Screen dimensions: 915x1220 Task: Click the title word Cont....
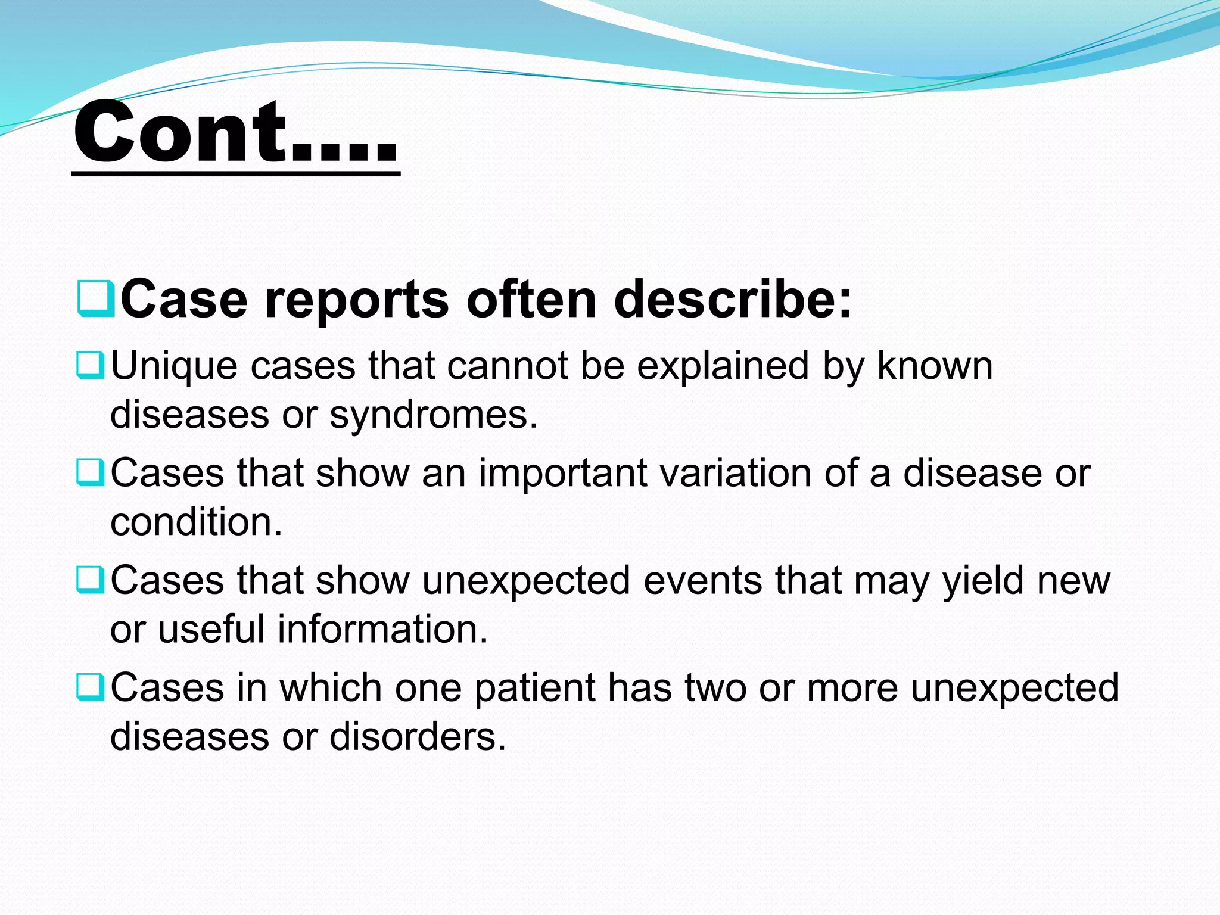[235, 132]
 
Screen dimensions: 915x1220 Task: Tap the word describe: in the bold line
[733, 299]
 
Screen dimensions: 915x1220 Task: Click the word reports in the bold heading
[356, 300]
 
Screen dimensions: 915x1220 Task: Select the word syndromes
[434, 416]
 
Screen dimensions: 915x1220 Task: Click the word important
[563, 474]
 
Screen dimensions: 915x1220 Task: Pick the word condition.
[196, 522]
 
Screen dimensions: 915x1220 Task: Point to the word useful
[211, 630]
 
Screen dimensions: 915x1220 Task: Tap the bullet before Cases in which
[91, 687]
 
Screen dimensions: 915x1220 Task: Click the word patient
[534, 689]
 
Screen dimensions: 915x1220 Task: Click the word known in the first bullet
[935, 366]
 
